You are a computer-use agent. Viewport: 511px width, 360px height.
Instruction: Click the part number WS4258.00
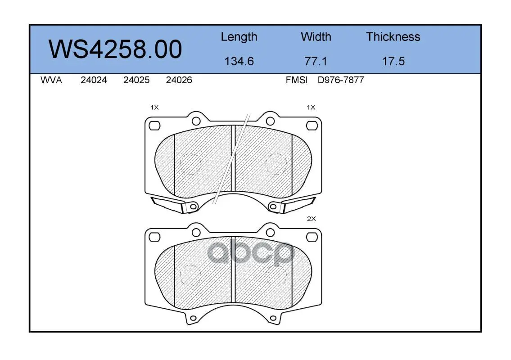coord(115,49)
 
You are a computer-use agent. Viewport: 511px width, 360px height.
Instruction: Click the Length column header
coord(239,37)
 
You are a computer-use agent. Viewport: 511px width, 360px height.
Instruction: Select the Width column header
coord(316,36)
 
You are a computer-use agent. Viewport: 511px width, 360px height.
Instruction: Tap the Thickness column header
coord(393,36)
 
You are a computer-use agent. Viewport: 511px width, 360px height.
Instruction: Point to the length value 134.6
coord(239,61)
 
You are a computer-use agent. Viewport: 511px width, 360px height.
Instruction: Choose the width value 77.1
coord(316,61)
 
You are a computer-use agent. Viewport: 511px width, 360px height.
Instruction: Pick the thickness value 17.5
coord(393,61)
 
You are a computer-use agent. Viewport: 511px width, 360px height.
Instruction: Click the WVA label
coord(51,80)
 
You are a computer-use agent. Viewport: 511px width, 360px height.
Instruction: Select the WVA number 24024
coord(94,80)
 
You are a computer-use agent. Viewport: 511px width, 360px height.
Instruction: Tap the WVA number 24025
coord(136,80)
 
